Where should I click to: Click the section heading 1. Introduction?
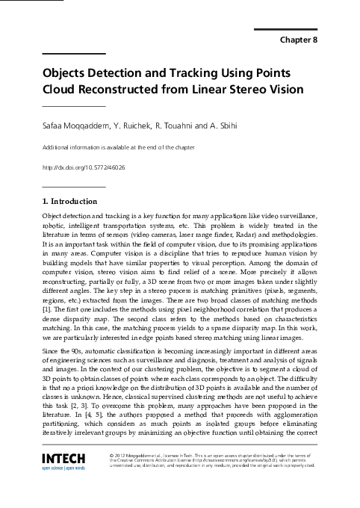point(69,201)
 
